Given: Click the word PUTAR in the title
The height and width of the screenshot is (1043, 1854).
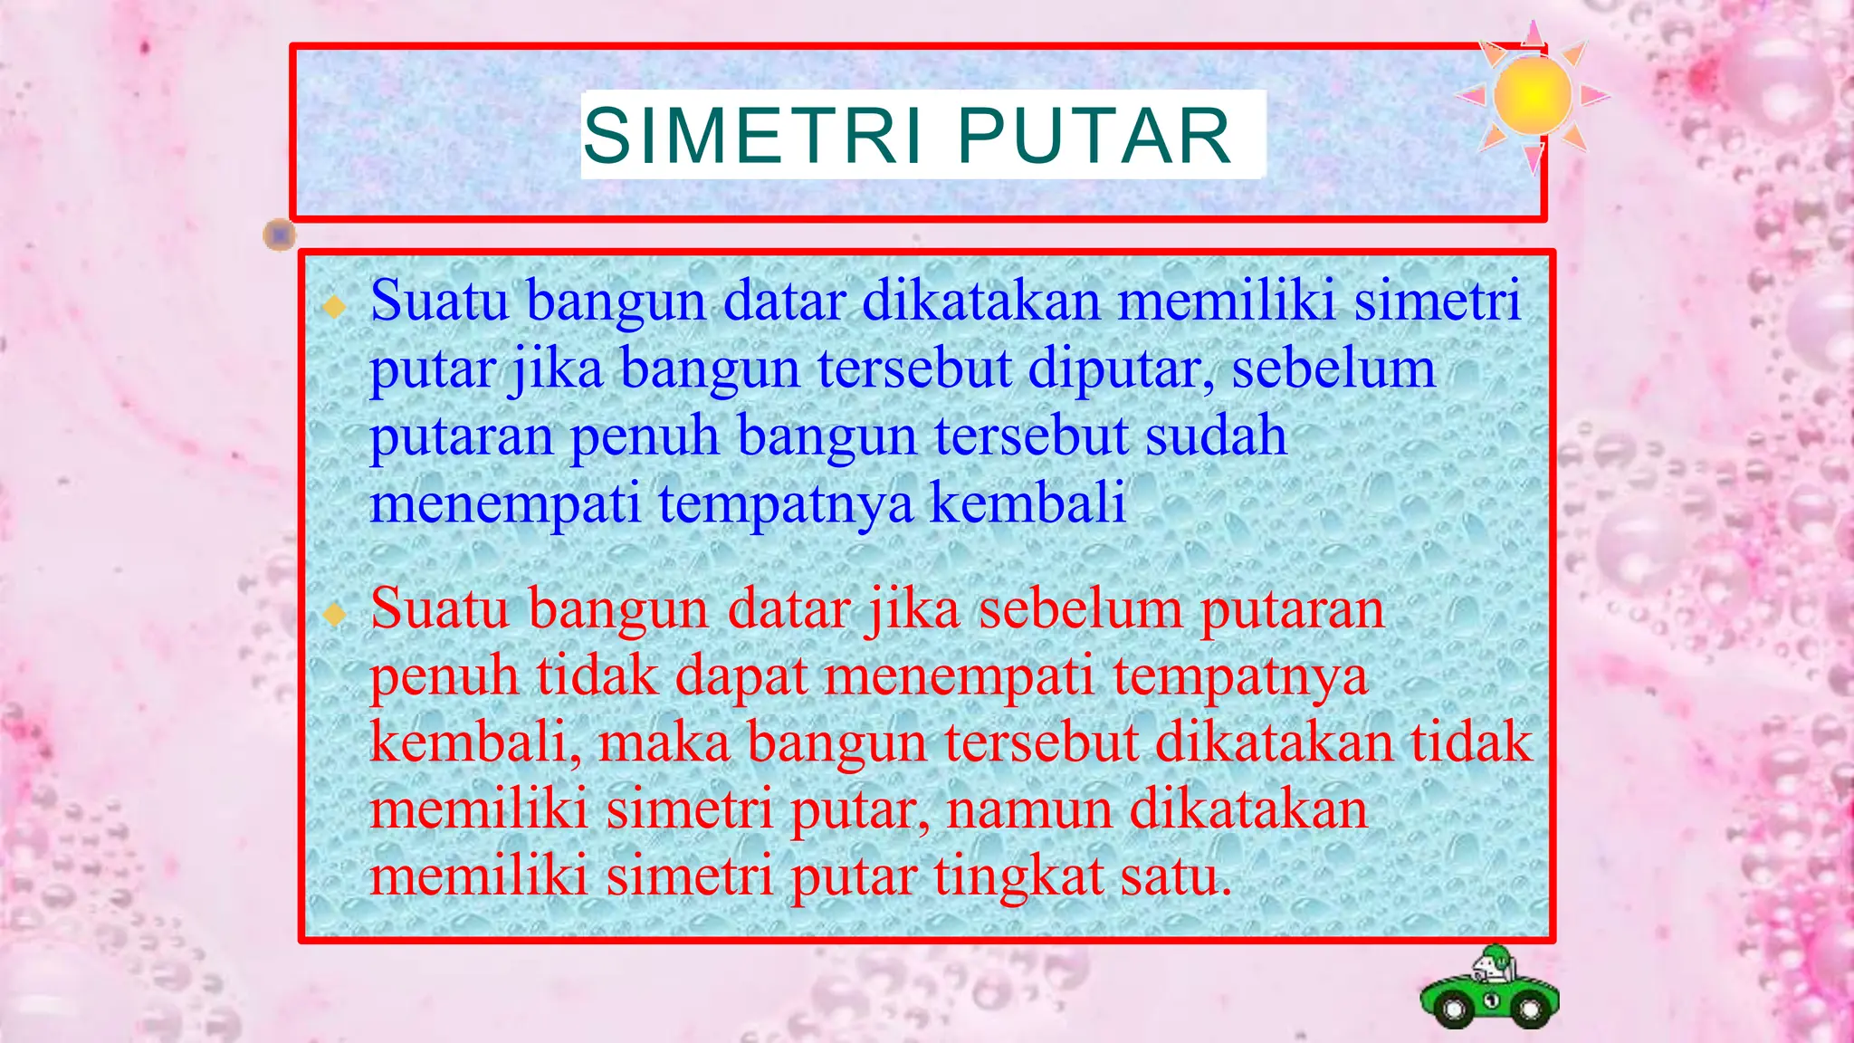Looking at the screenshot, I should click(x=1094, y=137).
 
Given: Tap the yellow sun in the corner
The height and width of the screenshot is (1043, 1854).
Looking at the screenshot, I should click(x=1532, y=95).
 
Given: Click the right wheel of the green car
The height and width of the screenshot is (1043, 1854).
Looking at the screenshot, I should click(x=1531, y=1009).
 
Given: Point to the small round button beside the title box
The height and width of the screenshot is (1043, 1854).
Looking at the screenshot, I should click(x=280, y=235).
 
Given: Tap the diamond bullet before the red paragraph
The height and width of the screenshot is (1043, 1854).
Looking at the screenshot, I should click(x=335, y=615).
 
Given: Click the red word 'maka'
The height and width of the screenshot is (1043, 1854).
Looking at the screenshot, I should click(x=664, y=742).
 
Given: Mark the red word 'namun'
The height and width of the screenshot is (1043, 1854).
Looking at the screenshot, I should click(x=1028, y=809).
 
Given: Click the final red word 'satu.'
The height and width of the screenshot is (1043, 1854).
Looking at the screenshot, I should click(x=1176, y=876).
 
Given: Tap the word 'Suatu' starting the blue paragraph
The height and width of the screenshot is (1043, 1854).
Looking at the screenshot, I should click(x=439, y=301).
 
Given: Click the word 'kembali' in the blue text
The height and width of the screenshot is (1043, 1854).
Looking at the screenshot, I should click(x=1027, y=502).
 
